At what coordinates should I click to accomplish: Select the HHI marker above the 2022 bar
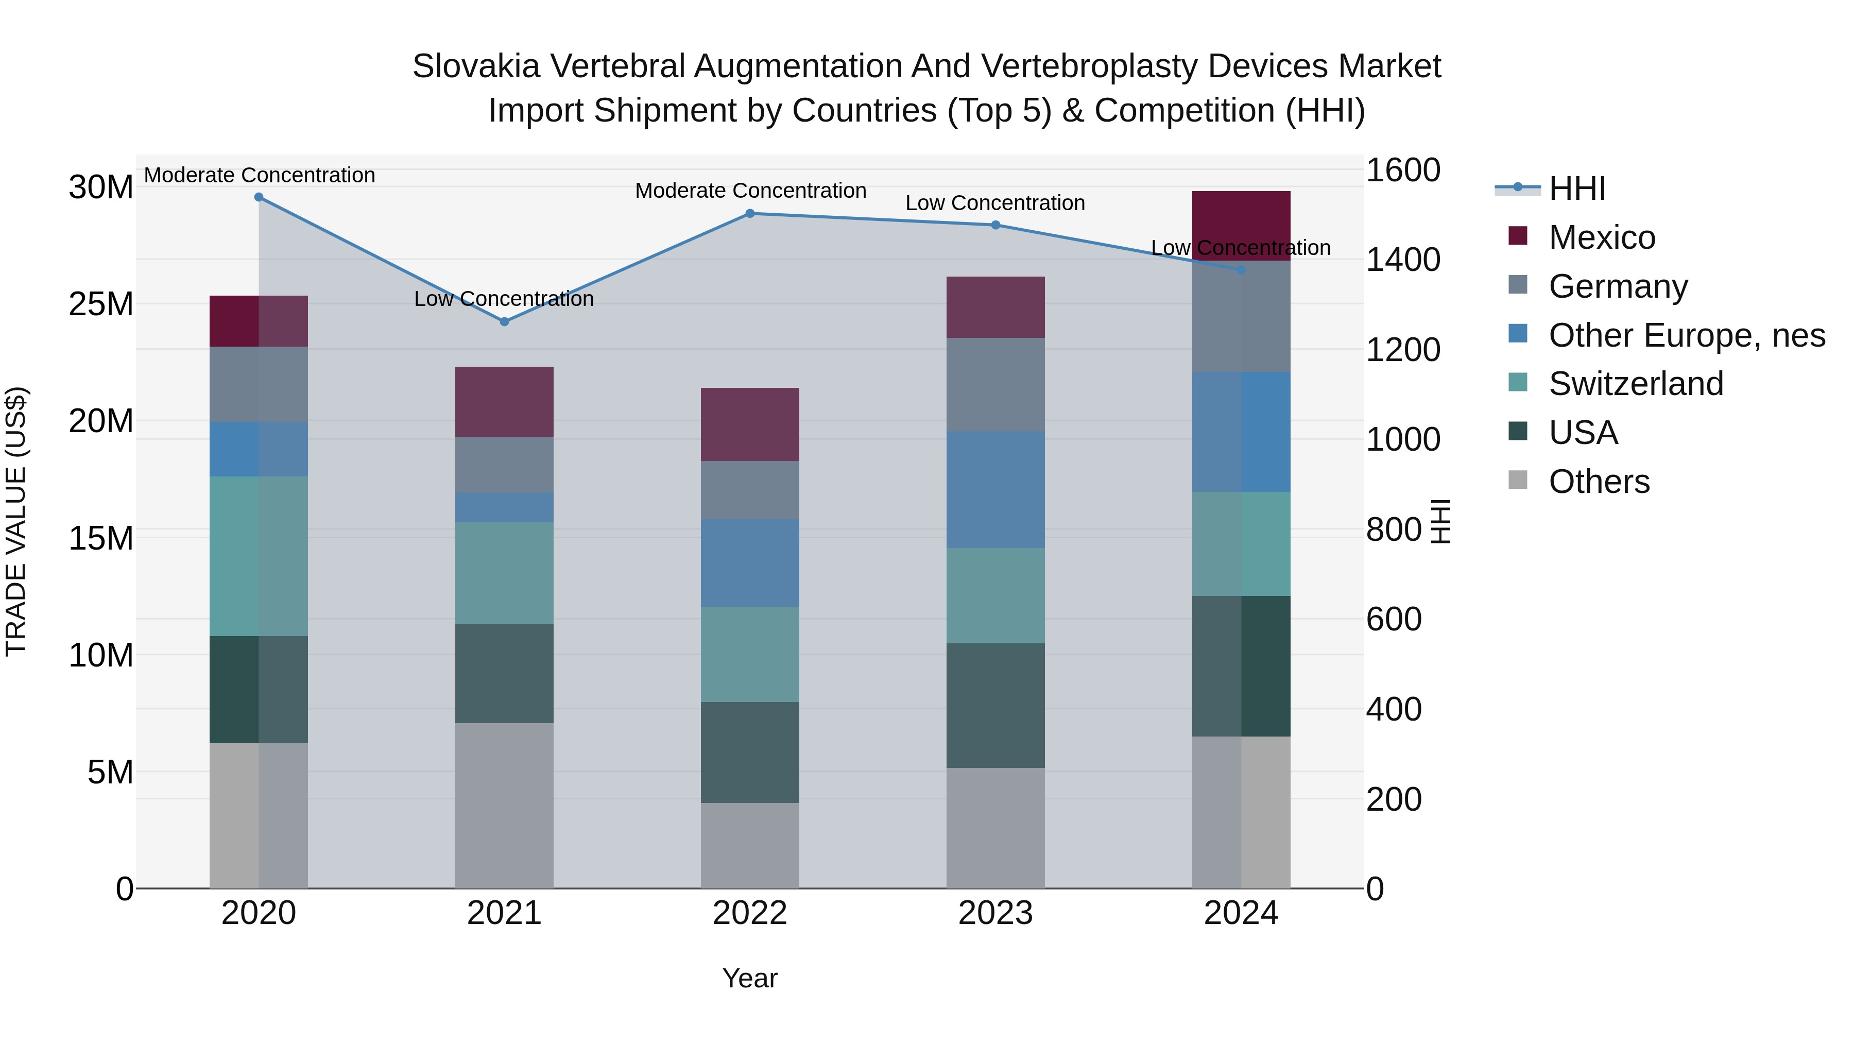tap(749, 214)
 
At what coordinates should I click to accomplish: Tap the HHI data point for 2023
tap(995, 225)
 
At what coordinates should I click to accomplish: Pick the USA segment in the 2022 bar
tap(749, 752)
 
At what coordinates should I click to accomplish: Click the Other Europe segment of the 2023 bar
tap(995, 489)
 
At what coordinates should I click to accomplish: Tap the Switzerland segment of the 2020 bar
tap(259, 556)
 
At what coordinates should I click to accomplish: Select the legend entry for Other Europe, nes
tap(1686, 335)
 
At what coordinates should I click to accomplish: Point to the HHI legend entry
tap(1576, 189)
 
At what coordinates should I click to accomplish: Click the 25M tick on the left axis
tap(101, 304)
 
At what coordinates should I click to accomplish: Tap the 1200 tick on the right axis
tap(1403, 350)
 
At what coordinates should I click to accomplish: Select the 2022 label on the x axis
tap(749, 913)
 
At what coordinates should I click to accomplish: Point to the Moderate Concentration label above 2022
tap(750, 191)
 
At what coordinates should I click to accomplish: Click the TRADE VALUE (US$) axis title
tap(16, 521)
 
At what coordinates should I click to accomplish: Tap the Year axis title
tap(749, 978)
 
